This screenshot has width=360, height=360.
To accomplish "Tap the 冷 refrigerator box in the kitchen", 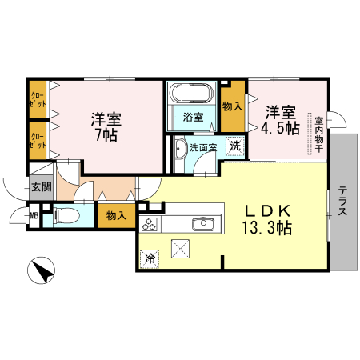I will pyautogui.click(x=149, y=258).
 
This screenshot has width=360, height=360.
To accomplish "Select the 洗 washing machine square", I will pyautogui.click(x=234, y=146).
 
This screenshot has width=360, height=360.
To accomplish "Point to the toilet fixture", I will pyautogui.click(x=66, y=214).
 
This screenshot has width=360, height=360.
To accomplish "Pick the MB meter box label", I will pyautogui.click(x=34, y=214).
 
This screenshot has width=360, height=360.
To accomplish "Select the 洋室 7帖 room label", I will pyautogui.click(x=106, y=126).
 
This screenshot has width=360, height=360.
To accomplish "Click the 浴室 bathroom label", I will pyautogui.click(x=193, y=118).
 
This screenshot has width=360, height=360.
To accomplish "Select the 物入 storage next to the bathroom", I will pyautogui.click(x=232, y=106).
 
